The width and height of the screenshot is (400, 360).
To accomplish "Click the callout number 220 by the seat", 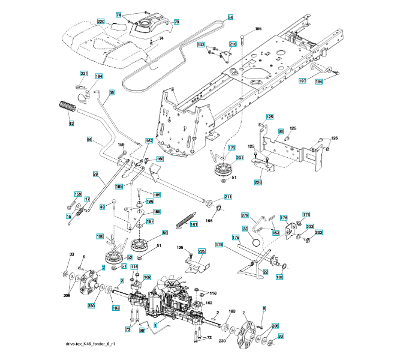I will (x=101, y=22).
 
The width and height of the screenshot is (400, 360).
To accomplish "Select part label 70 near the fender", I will (x=176, y=22).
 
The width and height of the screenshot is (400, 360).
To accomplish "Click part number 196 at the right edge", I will (x=319, y=81).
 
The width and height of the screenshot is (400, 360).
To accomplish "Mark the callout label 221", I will (x=84, y=73).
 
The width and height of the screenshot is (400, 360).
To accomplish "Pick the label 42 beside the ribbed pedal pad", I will (x=71, y=124).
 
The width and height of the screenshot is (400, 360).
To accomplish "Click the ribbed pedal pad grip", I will (x=67, y=110).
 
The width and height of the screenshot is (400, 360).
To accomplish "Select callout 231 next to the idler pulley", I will (x=239, y=157).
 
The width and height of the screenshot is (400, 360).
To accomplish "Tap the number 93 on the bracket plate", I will (x=281, y=131).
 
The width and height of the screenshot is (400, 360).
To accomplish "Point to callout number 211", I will (x=228, y=196).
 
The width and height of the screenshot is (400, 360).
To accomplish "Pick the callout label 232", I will (x=319, y=232).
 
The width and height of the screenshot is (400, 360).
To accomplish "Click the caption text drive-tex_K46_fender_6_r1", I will (x=91, y=344).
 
